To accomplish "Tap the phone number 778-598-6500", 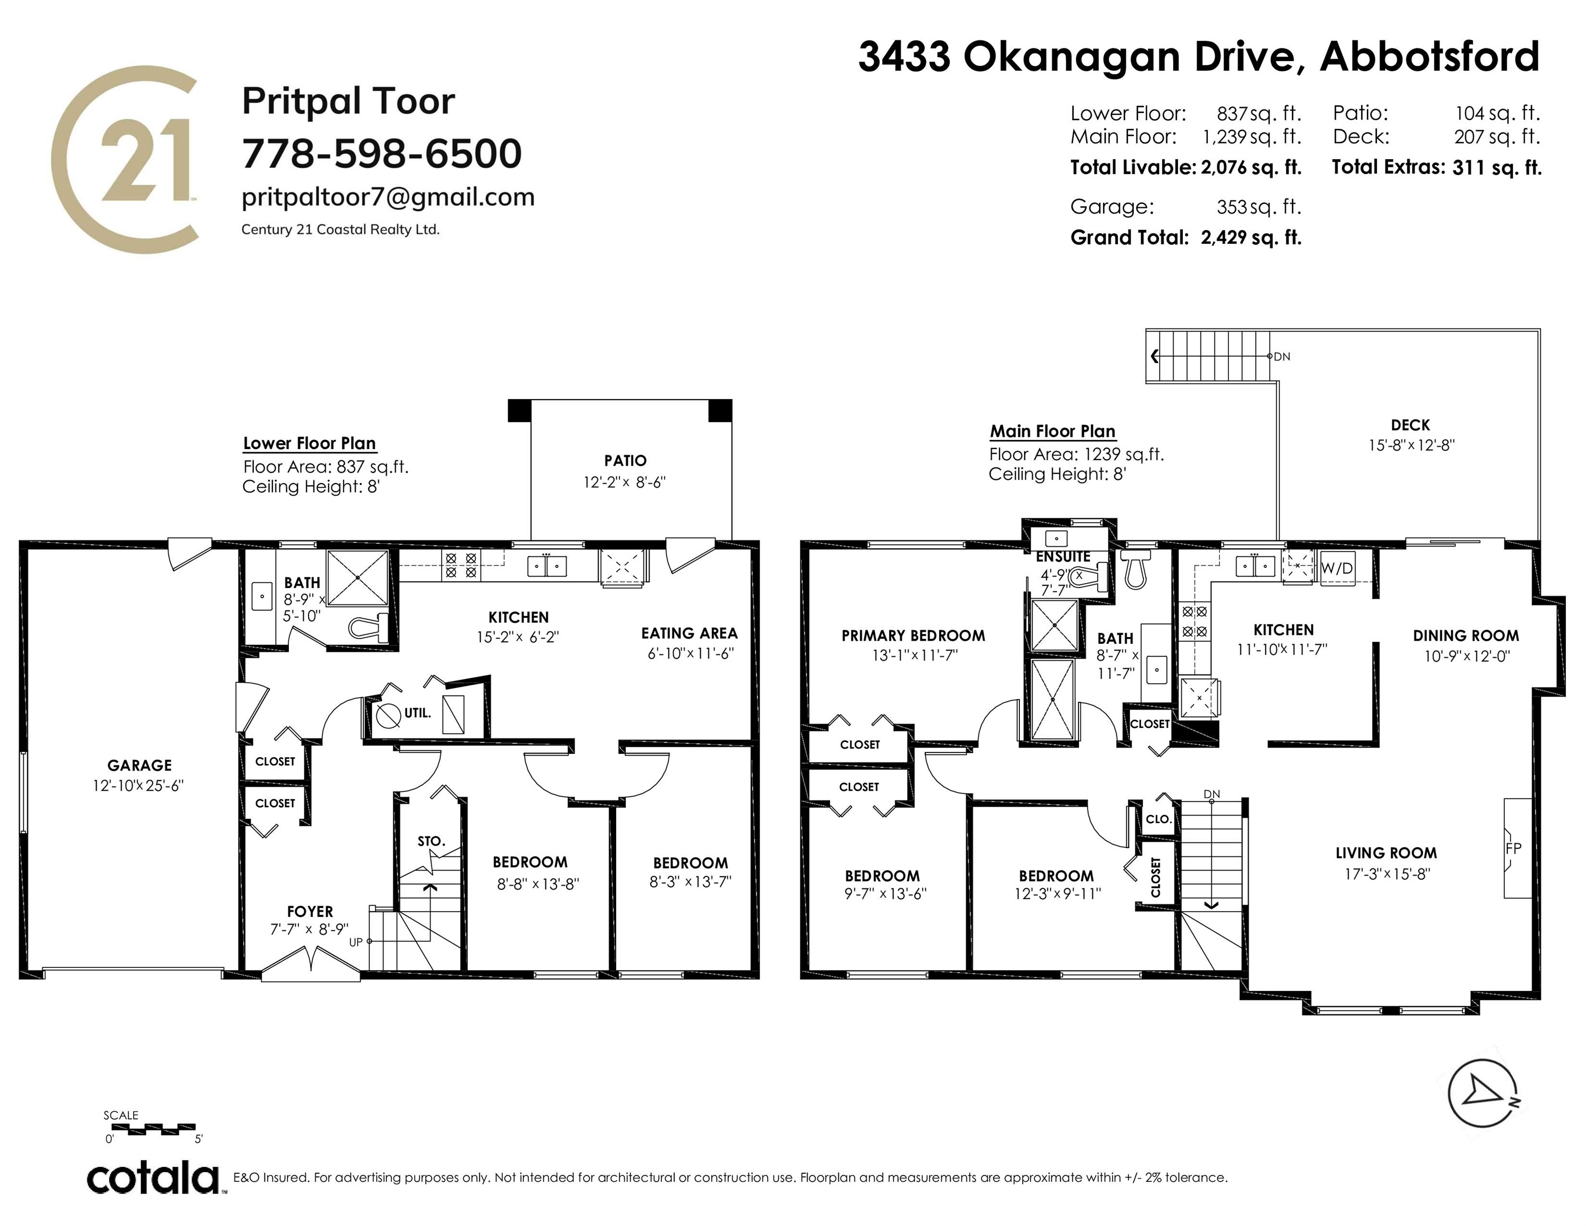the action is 382,153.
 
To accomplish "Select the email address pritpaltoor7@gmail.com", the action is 388,197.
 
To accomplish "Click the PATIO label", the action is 625,460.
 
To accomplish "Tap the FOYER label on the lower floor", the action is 310,912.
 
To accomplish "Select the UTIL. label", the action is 418,713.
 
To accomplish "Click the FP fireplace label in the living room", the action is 1514,848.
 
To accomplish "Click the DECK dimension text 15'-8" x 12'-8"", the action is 1411,445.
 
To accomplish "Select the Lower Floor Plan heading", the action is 309,443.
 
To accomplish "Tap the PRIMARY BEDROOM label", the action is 914,635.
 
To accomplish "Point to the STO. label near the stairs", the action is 431,841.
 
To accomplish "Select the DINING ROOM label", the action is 1465,635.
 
